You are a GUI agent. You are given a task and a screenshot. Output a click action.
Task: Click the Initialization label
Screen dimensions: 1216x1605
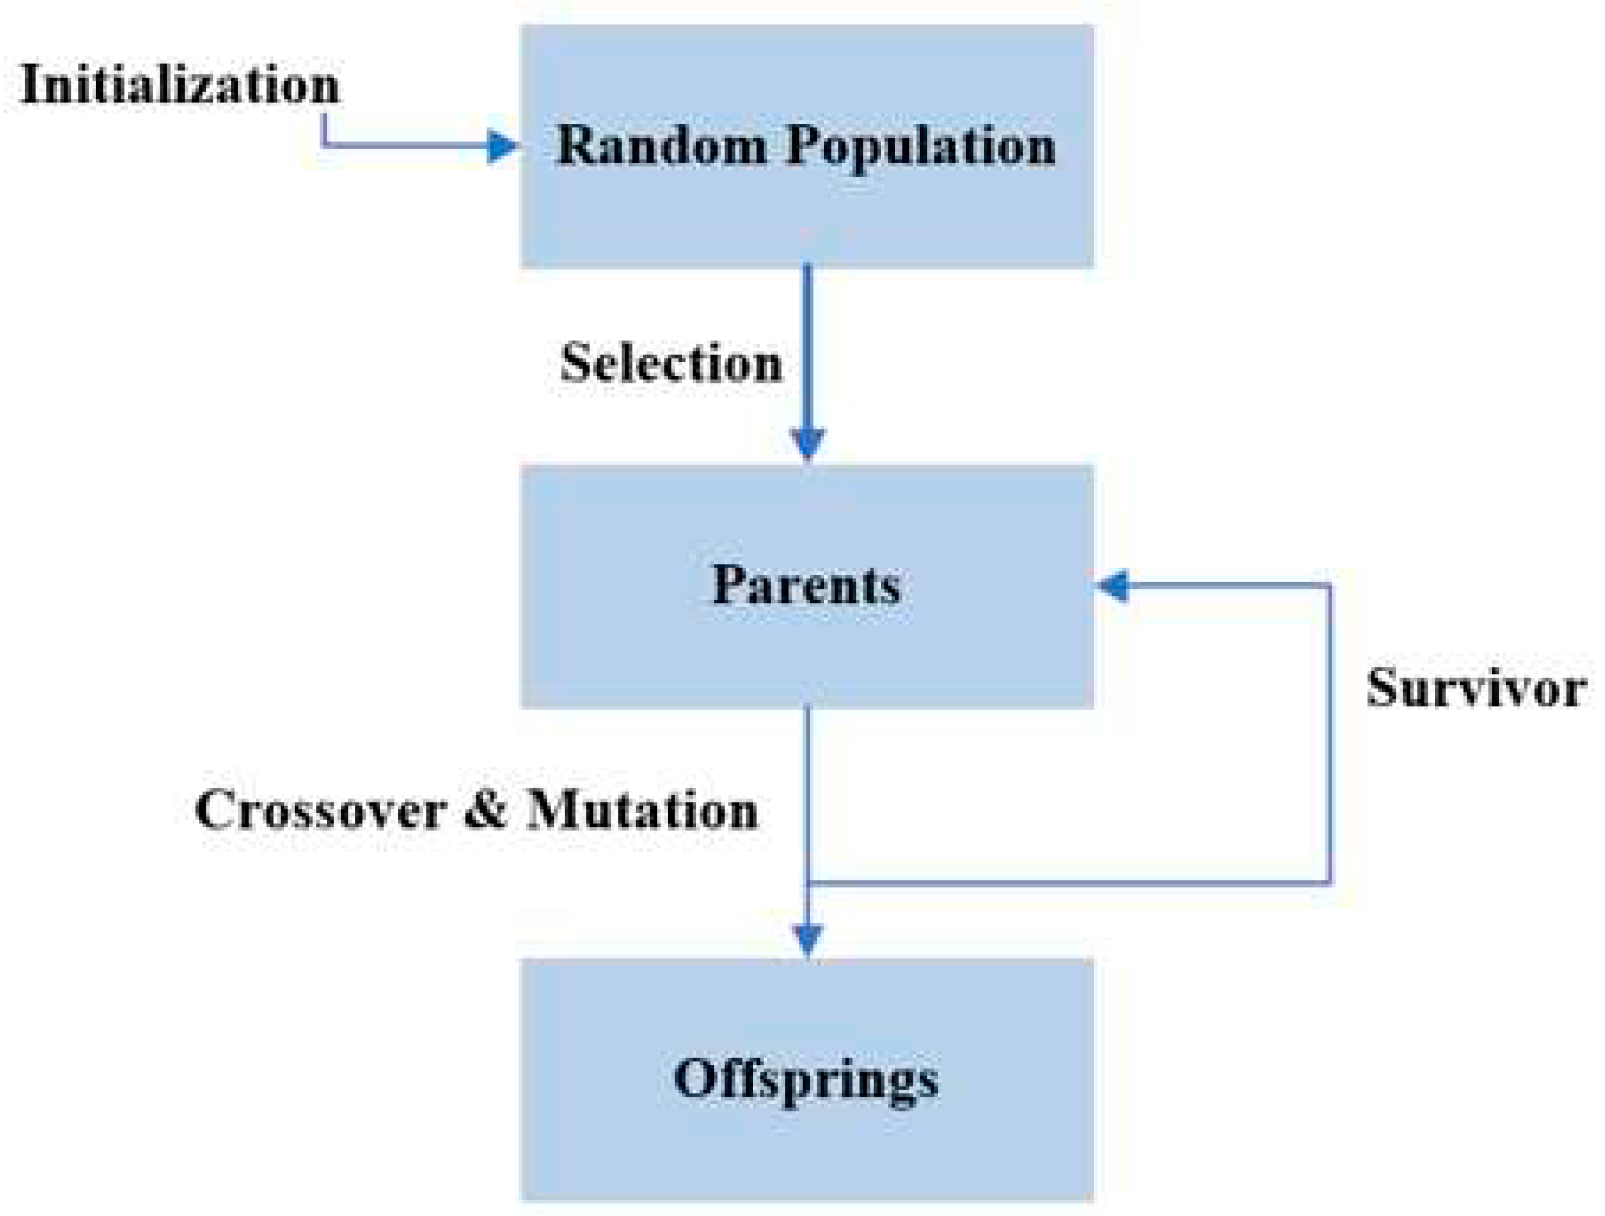pos(180,85)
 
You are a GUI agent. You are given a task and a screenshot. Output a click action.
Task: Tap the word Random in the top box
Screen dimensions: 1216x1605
pos(661,145)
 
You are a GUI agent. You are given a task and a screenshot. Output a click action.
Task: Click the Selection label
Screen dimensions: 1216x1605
pos(671,362)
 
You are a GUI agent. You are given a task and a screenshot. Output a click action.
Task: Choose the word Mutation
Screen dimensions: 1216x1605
pos(643,809)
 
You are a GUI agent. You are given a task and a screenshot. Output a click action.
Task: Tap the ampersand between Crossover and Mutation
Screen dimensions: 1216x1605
pos(485,809)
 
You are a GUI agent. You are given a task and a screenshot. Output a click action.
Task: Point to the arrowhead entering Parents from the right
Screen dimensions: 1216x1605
pos(1114,585)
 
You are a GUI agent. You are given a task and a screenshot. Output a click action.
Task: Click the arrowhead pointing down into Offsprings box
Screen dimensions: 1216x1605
pos(808,941)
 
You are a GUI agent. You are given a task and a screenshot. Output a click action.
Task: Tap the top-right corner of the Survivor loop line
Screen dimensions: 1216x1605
pos(1330,585)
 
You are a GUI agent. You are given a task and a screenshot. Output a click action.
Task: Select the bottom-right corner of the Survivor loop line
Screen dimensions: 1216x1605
pos(1330,883)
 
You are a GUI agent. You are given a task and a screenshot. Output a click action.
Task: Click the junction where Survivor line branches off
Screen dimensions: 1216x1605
pos(808,883)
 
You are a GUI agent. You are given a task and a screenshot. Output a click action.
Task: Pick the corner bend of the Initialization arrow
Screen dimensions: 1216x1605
pos(323,146)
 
